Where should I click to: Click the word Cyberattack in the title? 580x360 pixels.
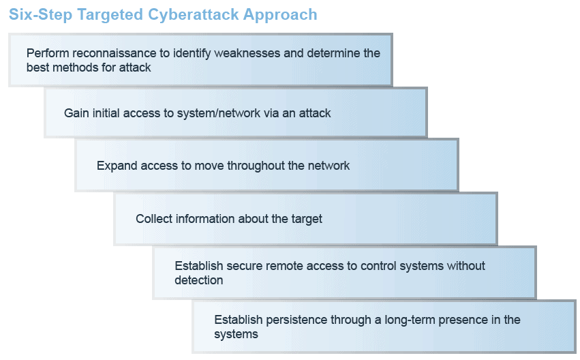193,15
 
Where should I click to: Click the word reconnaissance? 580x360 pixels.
115,53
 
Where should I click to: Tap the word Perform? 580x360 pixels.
48,54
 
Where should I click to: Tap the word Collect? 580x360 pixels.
154,219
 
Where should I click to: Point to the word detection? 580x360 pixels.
198,280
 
